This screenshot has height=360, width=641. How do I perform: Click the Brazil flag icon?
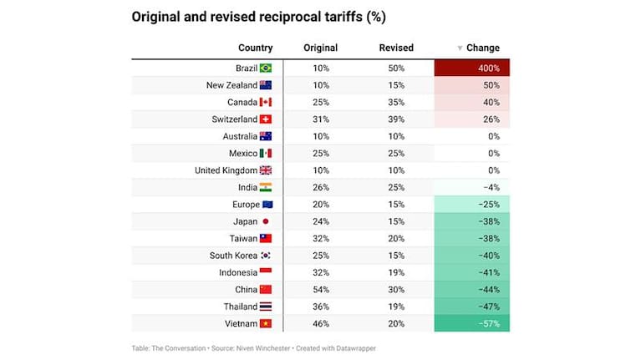click(266, 68)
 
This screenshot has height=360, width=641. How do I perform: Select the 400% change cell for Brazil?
click(471, 68)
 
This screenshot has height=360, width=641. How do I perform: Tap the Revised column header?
click(395, 48)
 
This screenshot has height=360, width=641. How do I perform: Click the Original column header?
click(320, 48)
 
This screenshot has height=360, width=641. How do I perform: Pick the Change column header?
click(482, 48)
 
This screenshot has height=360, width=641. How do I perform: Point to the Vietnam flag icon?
click(266, 323)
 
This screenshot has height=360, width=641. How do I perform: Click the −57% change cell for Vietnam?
click(471, 323)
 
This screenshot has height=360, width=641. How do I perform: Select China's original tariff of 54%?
click(320, 289)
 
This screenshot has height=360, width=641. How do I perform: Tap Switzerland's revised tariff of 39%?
click(395, 119)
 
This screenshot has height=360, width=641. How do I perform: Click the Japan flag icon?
click(266, 221)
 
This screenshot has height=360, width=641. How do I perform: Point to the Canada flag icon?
click(266, 103)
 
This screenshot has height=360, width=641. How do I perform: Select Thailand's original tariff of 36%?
click(320, 307)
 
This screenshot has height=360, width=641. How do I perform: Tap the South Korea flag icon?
click(266, 255)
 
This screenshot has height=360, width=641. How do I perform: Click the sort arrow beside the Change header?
click(459, 48)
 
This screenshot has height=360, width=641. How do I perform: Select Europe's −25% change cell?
click(471, 205)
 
